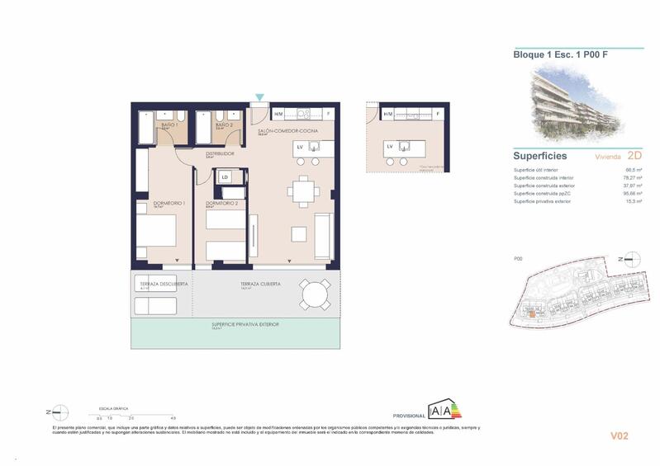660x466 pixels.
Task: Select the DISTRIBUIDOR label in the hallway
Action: coord(221,153)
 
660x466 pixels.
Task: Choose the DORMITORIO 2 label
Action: coord(222,203)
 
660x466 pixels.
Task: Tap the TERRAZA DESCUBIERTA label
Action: coord(164,284)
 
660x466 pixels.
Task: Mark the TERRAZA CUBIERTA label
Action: coord(260,284)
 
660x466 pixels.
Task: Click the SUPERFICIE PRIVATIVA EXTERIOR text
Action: coord(245,324)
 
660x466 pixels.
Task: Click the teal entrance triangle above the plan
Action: coord(260,98)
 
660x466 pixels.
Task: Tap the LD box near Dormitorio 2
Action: coord(225,177)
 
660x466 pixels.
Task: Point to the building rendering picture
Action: coord(577,103)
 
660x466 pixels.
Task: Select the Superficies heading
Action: coord(540,155)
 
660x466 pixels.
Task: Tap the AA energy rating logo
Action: coord(443,410)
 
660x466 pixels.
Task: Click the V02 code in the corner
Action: coord(620,435)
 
